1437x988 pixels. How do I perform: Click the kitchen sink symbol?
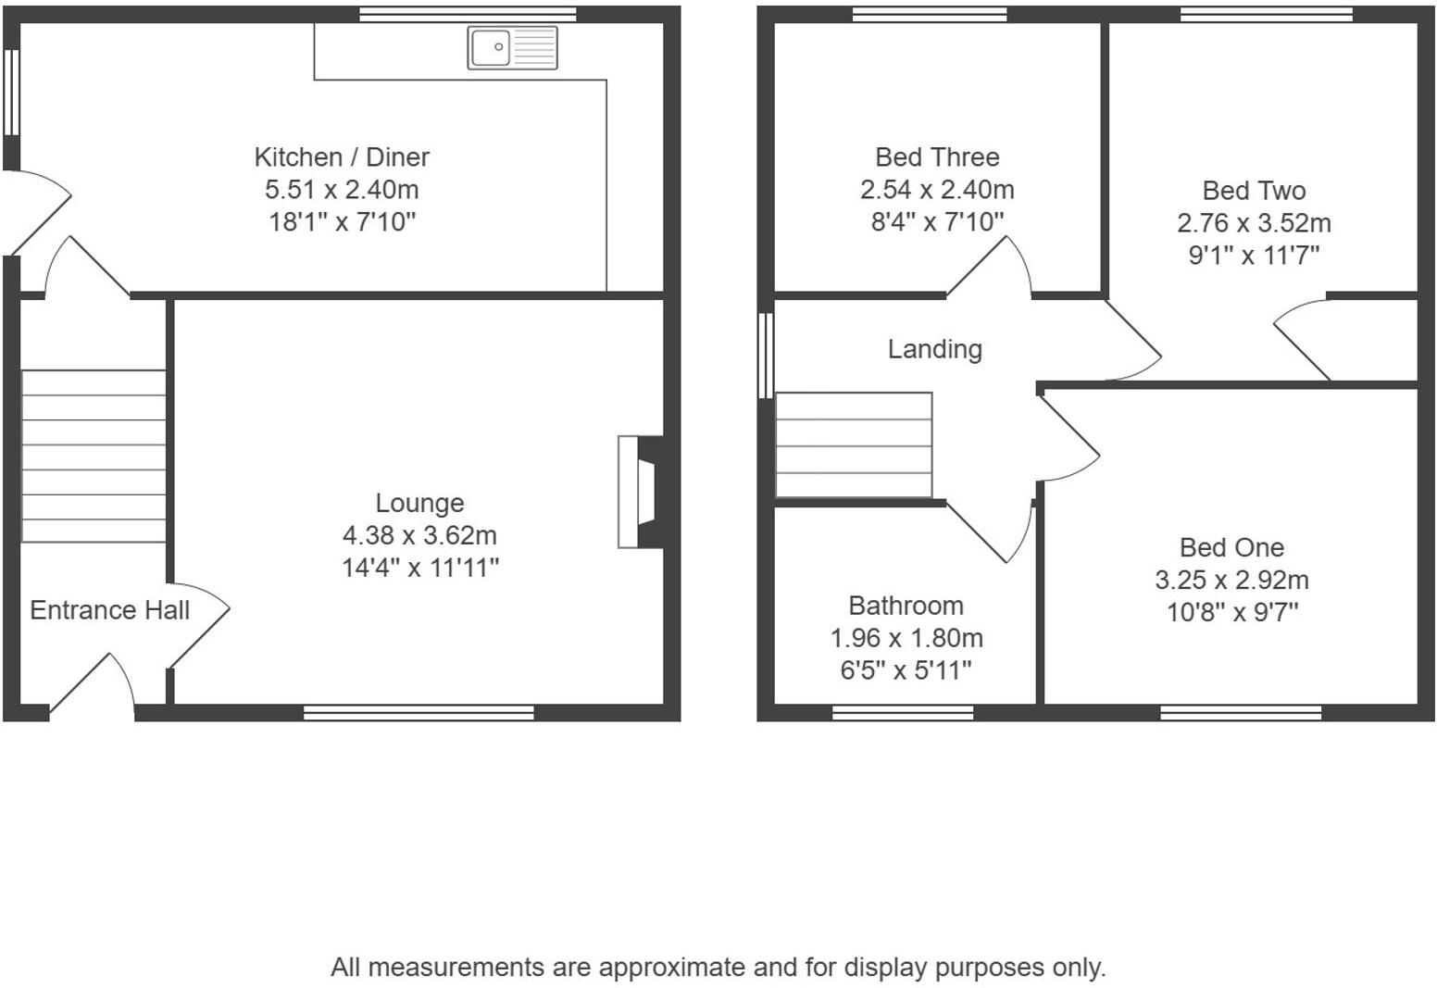(x=512, y=47)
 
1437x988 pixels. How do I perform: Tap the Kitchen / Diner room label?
(x=342, y=157)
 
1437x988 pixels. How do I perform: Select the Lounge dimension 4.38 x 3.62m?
(x=419, y=535)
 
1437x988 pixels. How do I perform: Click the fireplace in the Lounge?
(x=639, y=492)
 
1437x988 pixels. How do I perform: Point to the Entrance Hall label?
(x=109, y=610)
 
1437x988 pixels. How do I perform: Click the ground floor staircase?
(x=94, y=456)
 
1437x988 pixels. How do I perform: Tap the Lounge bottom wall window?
(x=419, y=712)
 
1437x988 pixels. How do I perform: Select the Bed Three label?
(x=937, y=157)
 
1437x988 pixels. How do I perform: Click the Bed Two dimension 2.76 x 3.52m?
(x=1254, y=223)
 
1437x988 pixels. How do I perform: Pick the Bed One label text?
(x=1231, y=547)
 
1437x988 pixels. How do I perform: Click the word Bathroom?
(x=906, y=606)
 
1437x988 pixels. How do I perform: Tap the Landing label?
(x=934, y=349)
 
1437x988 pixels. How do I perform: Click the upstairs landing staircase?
(x=854, y=445)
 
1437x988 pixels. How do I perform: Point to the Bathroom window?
(x=903, y=712)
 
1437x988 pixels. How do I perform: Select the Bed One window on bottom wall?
(x=1241, y=712)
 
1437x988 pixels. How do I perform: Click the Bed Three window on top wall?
(x=929, y=14)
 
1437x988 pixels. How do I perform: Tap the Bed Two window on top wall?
(x=1267, y=14)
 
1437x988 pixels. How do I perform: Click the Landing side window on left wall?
(x=766, y=356)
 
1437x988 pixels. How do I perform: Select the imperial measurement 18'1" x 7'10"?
(x=342, y=222)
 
